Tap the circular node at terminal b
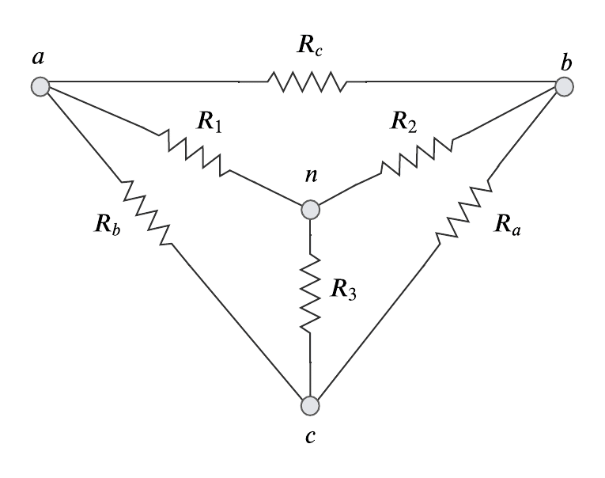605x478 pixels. point(563,86)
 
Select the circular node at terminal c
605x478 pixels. point(311,405)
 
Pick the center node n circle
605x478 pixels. point(311,210)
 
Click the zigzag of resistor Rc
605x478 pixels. point(306,81)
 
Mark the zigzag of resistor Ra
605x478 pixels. point(465,210)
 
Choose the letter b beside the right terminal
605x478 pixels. point(566,62)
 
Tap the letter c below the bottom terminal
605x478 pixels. point(311,436)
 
